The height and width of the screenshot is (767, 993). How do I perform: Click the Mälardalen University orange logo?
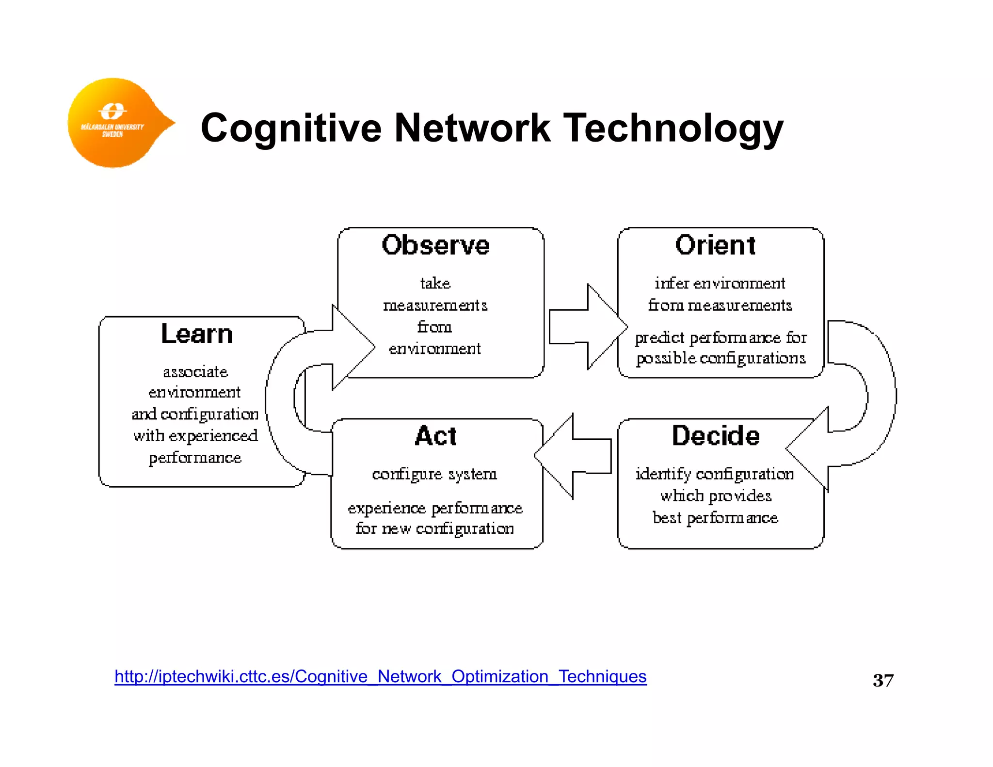coord(114,123)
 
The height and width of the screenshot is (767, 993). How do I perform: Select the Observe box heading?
coord(435,245)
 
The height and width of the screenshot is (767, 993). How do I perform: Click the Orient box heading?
coord(715,245)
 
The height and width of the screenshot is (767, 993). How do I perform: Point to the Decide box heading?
coord(715,435)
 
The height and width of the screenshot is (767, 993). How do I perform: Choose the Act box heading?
coord(435,435)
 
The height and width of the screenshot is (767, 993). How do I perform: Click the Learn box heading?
coord(197,334)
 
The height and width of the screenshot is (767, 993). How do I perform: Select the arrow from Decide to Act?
coord(572,456)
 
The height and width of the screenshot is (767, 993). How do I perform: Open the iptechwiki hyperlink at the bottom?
coord(380,676)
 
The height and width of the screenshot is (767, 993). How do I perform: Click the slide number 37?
coord(882,680)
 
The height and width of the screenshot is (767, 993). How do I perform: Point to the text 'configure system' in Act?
coord(434,474)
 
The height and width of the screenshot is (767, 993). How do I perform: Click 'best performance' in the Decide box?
coord(715,518)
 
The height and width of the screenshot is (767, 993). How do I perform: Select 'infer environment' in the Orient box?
coord(720,283)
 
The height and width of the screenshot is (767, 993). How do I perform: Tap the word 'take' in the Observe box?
coord(435,283)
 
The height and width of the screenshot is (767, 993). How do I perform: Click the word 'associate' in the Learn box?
coord(195,372)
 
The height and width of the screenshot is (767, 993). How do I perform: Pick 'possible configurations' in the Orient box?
coord(721,358)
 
